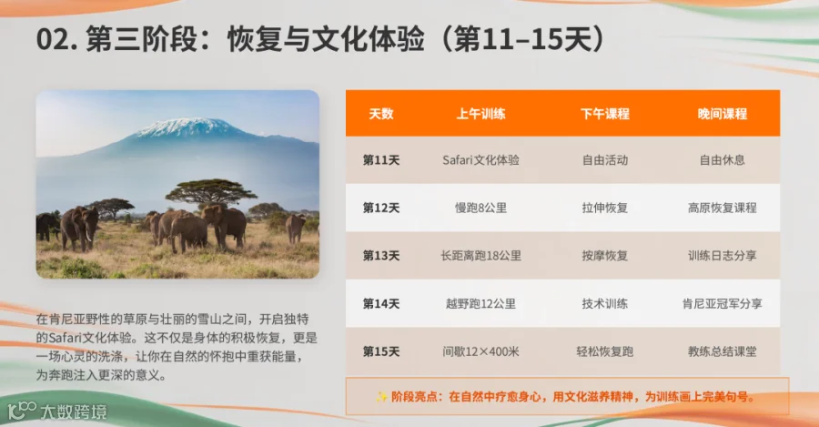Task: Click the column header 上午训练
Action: pyautogui.click(x=480, y=114)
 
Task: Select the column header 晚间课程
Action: pyautogui.click(x=722, y=114)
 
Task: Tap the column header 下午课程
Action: pyautogui.click(x=605, y=114)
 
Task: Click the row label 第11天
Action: pyautogui.click(x=381, y=160)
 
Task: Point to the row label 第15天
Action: pyautogui.click(x=381, y=351)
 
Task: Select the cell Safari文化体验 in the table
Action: pyautogui.click(x=480, y=160)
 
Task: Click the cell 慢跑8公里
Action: pyautogui.click(x=480, y=208)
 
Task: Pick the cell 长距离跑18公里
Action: pyautogui.click(x=480, y=256)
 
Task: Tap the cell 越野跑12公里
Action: pyautogui.click(x=480, y=304)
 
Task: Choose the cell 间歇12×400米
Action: pyautogui.click(x=480, y=351)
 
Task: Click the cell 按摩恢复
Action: pyautogui.click(x=605, y=256)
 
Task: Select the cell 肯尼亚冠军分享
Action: pyautogui.click(x=722, y=304)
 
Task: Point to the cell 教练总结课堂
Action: pyautogui.click(x=722, y=351)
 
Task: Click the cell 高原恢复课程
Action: pyautogui.click(x=722, y=208)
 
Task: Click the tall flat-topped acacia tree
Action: pyautogui.click(x=210, y=192)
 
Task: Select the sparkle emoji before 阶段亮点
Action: pyautogui.click(x=381, y=397)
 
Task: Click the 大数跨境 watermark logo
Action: pyautogui.click(x=57, y=411)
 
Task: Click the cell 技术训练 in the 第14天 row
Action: pyautogui.click(x=605, y=304)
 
